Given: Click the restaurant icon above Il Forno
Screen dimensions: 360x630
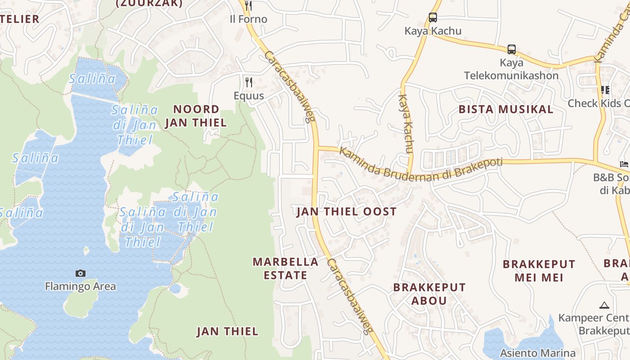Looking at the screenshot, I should pyautogui.click(x=248, y=5).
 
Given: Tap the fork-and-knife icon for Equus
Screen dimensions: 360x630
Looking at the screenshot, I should pyautogui.click(x=248, y=82).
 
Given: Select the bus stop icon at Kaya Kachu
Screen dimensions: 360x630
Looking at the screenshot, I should pyautogui.click(x=433, y=18).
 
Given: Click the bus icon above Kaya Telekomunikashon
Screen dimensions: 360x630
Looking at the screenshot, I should pyautogui.click(x=511, y=49).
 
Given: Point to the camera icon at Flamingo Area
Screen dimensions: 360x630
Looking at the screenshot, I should pyautogui.click(x=81, y=273).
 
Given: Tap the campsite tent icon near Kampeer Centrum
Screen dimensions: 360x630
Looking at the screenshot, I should pyautogui.click(x=604, y=305).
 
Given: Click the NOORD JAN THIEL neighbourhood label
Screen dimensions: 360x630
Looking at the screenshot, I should pyautogui.click(x=196, y=116).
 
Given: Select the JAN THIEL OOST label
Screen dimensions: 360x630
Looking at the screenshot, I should pyautogui.click(x=346, y=211).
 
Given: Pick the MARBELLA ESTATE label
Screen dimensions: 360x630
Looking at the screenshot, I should pyautogui.click(x=285, y=269).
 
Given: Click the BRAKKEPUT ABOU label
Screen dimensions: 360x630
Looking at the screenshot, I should pyautogui.click(x=429, y=294).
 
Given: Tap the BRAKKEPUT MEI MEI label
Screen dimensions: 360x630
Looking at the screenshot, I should pyautogui.click(x=539, y=270).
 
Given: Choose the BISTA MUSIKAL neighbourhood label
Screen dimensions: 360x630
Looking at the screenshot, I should pyautogui.click(x=506, y=109).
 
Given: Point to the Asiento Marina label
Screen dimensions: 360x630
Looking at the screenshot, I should pyautogui.click(x=538, y=353).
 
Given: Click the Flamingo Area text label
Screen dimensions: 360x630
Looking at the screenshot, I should pyautogui.click(x=81, y=286).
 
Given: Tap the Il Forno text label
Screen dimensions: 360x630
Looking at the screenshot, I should pyautogui.click(x=248, y=19).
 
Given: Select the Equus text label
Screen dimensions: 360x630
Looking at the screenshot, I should pyautogui.click(x=248, y=95).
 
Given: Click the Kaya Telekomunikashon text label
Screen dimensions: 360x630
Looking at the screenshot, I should pyautogui.click(x=511, y=69).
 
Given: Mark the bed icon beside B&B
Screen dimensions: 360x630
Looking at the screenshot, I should pyautogui.click(x=624, y=164).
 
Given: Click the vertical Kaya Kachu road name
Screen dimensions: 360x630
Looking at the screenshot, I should pyautogui.click(x=406, y=124).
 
